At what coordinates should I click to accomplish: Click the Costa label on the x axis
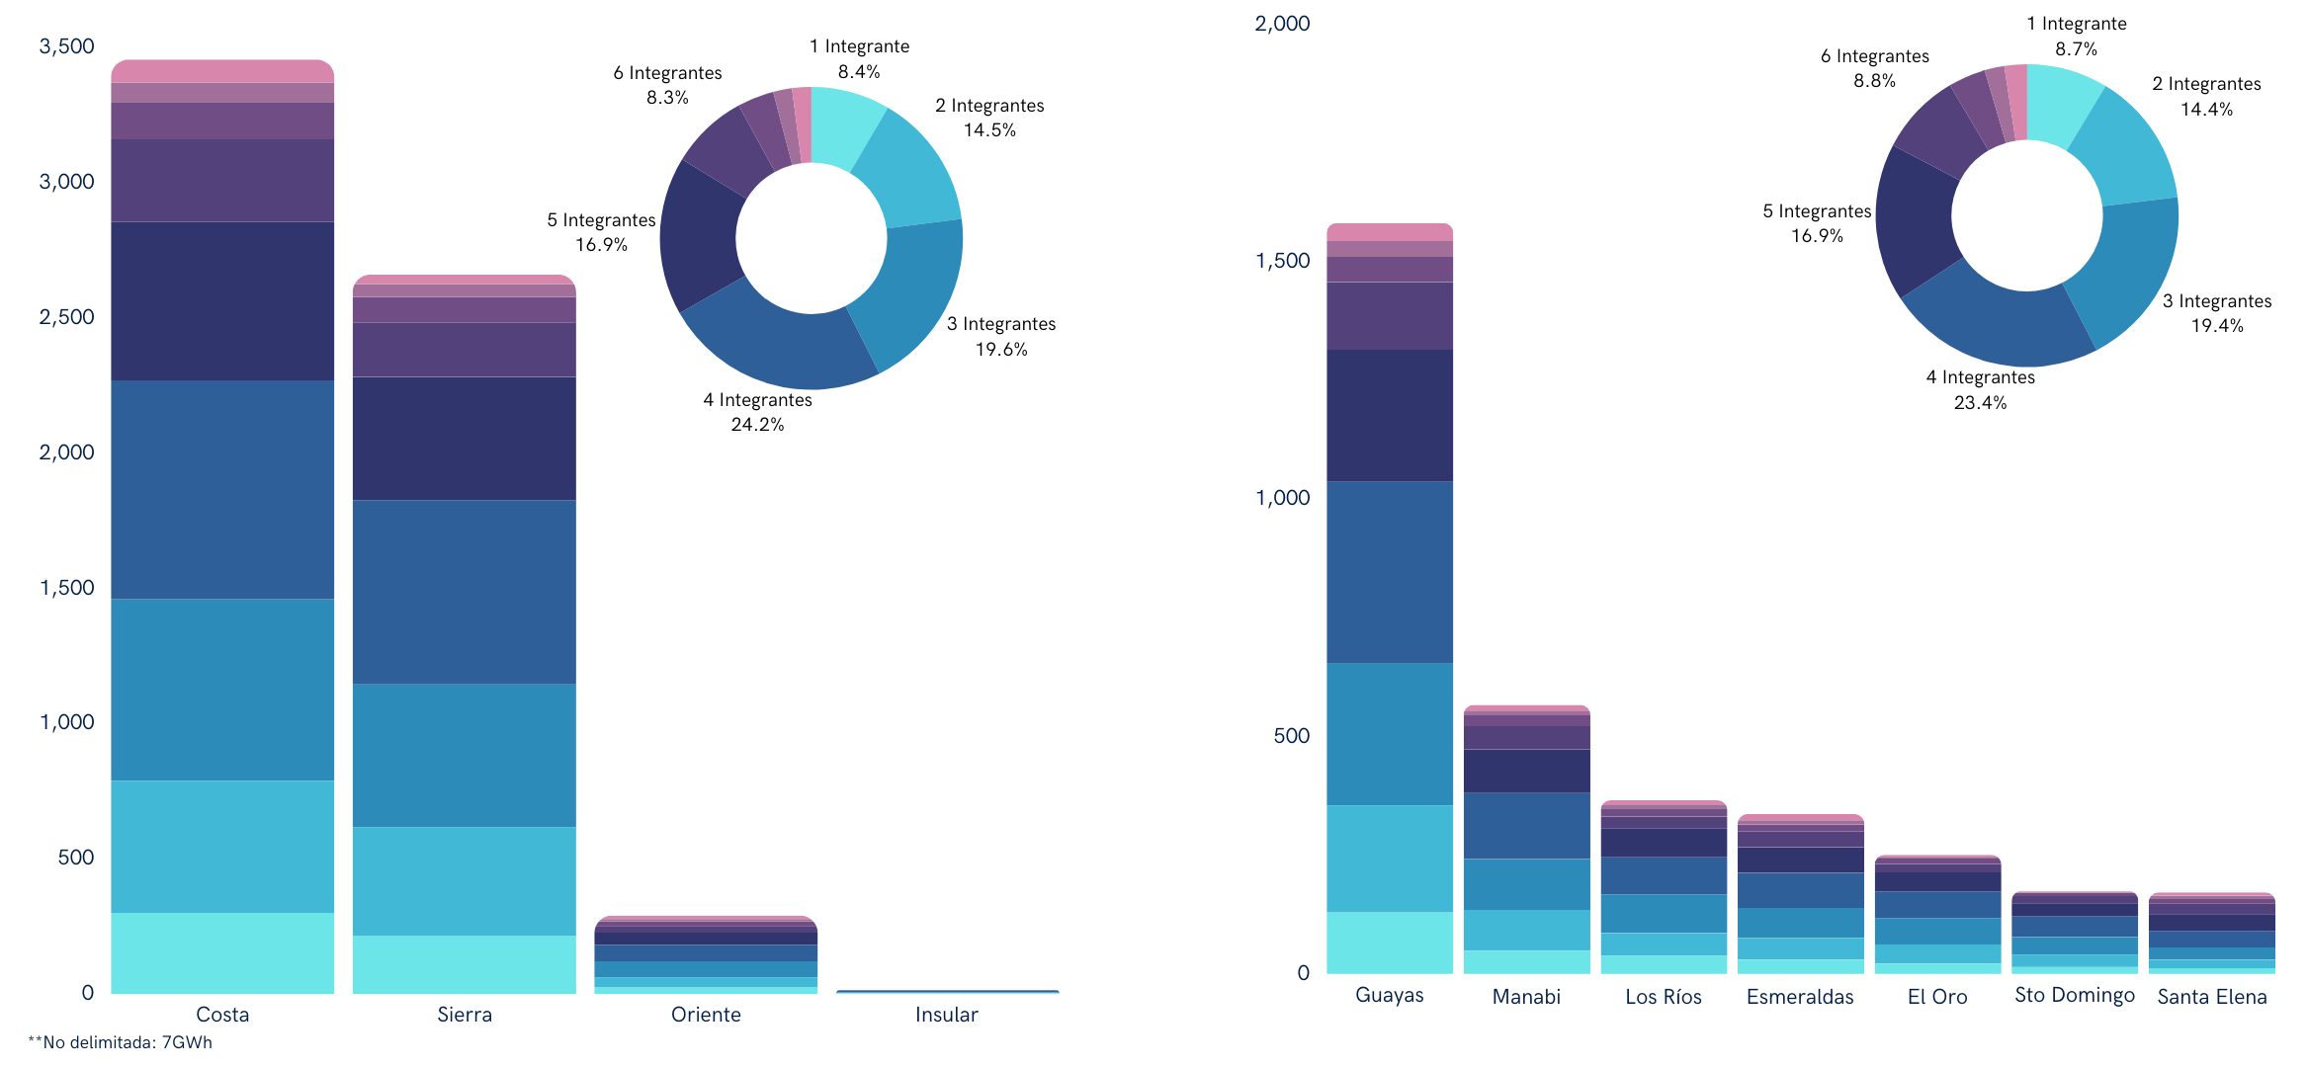[x=222, y=1015]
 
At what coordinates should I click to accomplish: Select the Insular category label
[x=946, y=1015]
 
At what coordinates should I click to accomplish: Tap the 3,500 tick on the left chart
[x=66, y=46]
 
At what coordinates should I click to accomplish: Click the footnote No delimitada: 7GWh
[x=121, y=1043]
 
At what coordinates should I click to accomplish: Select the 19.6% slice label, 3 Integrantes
[x=1001, y=337]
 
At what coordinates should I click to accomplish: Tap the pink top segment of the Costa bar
[x=222, y=71]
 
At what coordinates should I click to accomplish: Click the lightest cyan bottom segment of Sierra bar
[x=464, y=963]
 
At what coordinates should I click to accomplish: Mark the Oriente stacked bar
[x=706, y=953]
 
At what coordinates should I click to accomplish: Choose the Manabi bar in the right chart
[x=1526, y=840]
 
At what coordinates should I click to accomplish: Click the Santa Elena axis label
[x=2211, y=997]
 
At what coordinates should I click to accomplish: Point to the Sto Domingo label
[x=2074, y=995]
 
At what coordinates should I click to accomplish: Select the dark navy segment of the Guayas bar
[x=1389, y=415]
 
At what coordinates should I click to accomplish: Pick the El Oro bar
[x=1937, y=914]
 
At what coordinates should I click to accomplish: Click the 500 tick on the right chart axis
[x=1291, y=736]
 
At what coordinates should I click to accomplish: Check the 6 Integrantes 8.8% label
[x=1874, y=68]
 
